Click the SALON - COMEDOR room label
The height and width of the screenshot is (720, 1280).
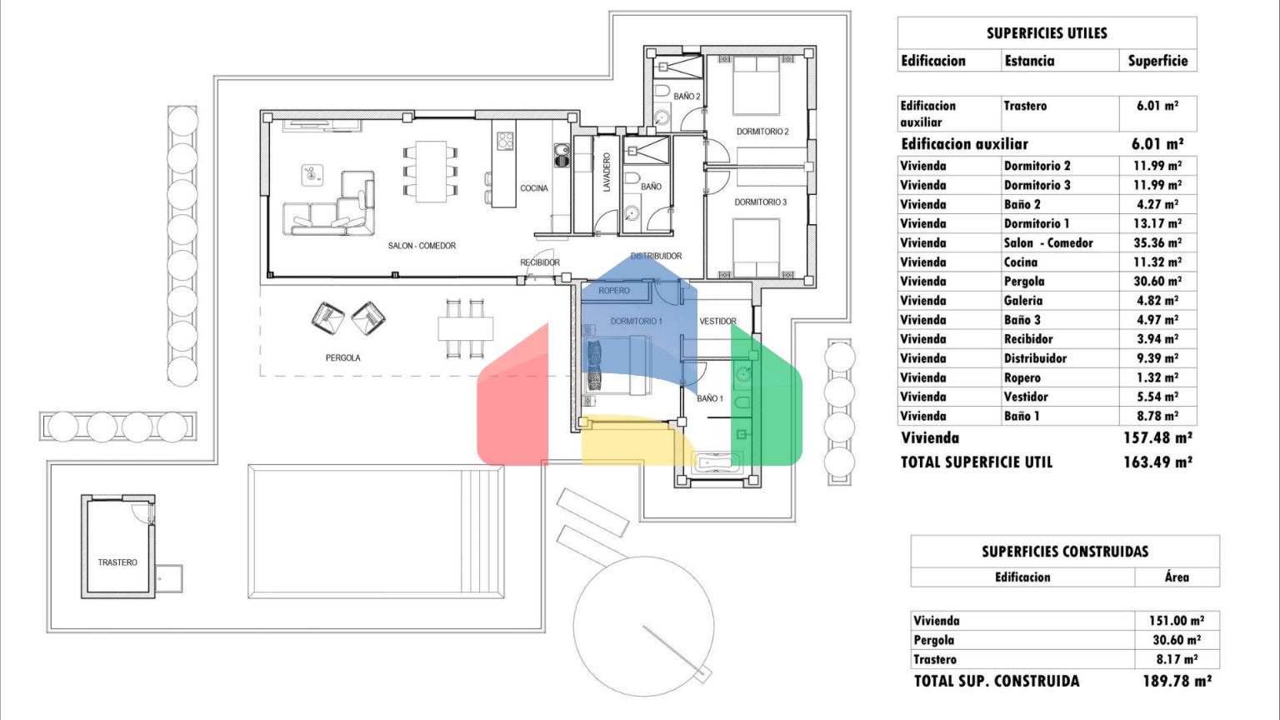click(x=422, y=246)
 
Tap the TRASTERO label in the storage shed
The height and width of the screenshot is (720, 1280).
click(x=117, y=562)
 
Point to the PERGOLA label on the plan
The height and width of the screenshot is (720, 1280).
click(x=342, y=357)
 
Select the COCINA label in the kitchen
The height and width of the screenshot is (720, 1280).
click(x=533, y=188)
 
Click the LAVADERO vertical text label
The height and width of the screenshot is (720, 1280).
click(x=607, y=172)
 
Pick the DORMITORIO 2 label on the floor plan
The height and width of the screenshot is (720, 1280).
click(x=762, y=132)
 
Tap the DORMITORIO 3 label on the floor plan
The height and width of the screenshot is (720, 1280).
click(x=761, y=202)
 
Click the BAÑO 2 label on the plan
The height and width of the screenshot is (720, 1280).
click(x=687, y=97)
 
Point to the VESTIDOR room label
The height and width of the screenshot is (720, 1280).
click(x=717, y=321)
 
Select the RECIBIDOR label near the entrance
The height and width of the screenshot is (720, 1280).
click(x=540, y=262)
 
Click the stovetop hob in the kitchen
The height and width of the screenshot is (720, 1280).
click(x=505, y=141)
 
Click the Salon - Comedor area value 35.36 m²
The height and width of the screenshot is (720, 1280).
click(x=1157, y=242)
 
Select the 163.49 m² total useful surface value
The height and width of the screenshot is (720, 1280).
click(x=1157, y=462)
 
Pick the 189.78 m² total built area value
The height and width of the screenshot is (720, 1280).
click(x=1177, y=681)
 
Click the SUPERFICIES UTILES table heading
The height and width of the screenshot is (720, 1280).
click(x=1047, y=33)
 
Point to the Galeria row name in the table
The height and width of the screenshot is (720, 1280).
click(x=1022, y=301)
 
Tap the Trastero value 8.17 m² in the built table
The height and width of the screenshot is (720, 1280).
click(x=1177, y=659)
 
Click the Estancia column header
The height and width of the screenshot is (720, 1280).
click(x=1030, y=61)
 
